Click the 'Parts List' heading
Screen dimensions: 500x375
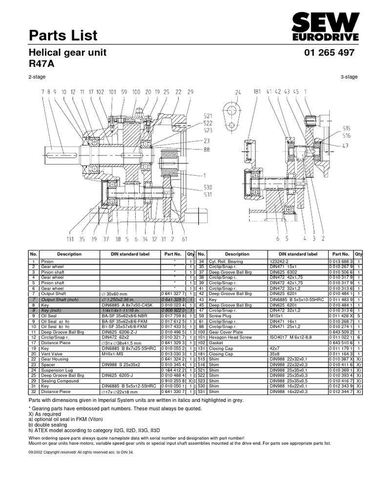(x=63, y=35)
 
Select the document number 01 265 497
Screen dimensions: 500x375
(x=329, y=53)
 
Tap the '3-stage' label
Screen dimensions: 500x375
(x=349, y=77)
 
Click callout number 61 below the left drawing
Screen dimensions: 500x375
(x=185, y=239)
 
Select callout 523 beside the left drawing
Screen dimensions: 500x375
(x=208, y=131)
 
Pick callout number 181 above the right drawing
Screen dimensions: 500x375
(x=256, y=91)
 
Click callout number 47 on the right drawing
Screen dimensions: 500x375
(x=346, y=145)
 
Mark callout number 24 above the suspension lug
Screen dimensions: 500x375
(x=238, y=92)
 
